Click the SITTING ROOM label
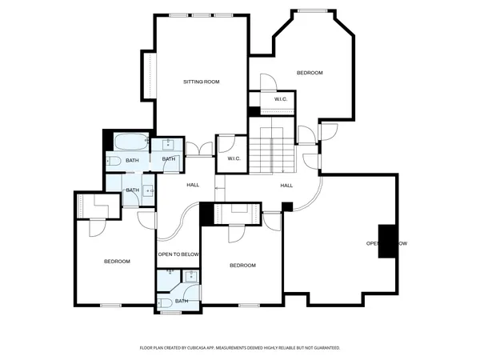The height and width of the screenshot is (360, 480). [x=201, y=82]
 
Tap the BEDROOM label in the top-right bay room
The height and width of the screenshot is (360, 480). [x=309, y=73]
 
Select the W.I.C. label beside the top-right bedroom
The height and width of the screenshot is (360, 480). [x=280, y=99]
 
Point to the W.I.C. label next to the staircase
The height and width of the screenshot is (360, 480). [x=234, y=158]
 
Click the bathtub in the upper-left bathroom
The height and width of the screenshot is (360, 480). [x=129, y=144]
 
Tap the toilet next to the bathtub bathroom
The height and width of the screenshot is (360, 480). [x=113, y=161]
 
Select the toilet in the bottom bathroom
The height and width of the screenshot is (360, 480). [x=166, y=302]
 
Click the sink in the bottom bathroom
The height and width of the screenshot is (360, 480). [x=191, y=276]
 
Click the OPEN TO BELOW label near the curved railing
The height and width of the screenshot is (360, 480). [x=178, y=254]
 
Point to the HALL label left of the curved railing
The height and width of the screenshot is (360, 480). [x=193, y=185]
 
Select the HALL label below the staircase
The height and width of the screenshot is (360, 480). [x=286, y=185]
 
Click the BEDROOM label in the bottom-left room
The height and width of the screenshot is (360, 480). [x=117, y=262]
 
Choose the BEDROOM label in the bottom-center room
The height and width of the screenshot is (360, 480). [x=242, y=266]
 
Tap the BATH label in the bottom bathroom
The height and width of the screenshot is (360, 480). [x=182, y=301]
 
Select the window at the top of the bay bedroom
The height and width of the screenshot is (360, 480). [x=312, y=10]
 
